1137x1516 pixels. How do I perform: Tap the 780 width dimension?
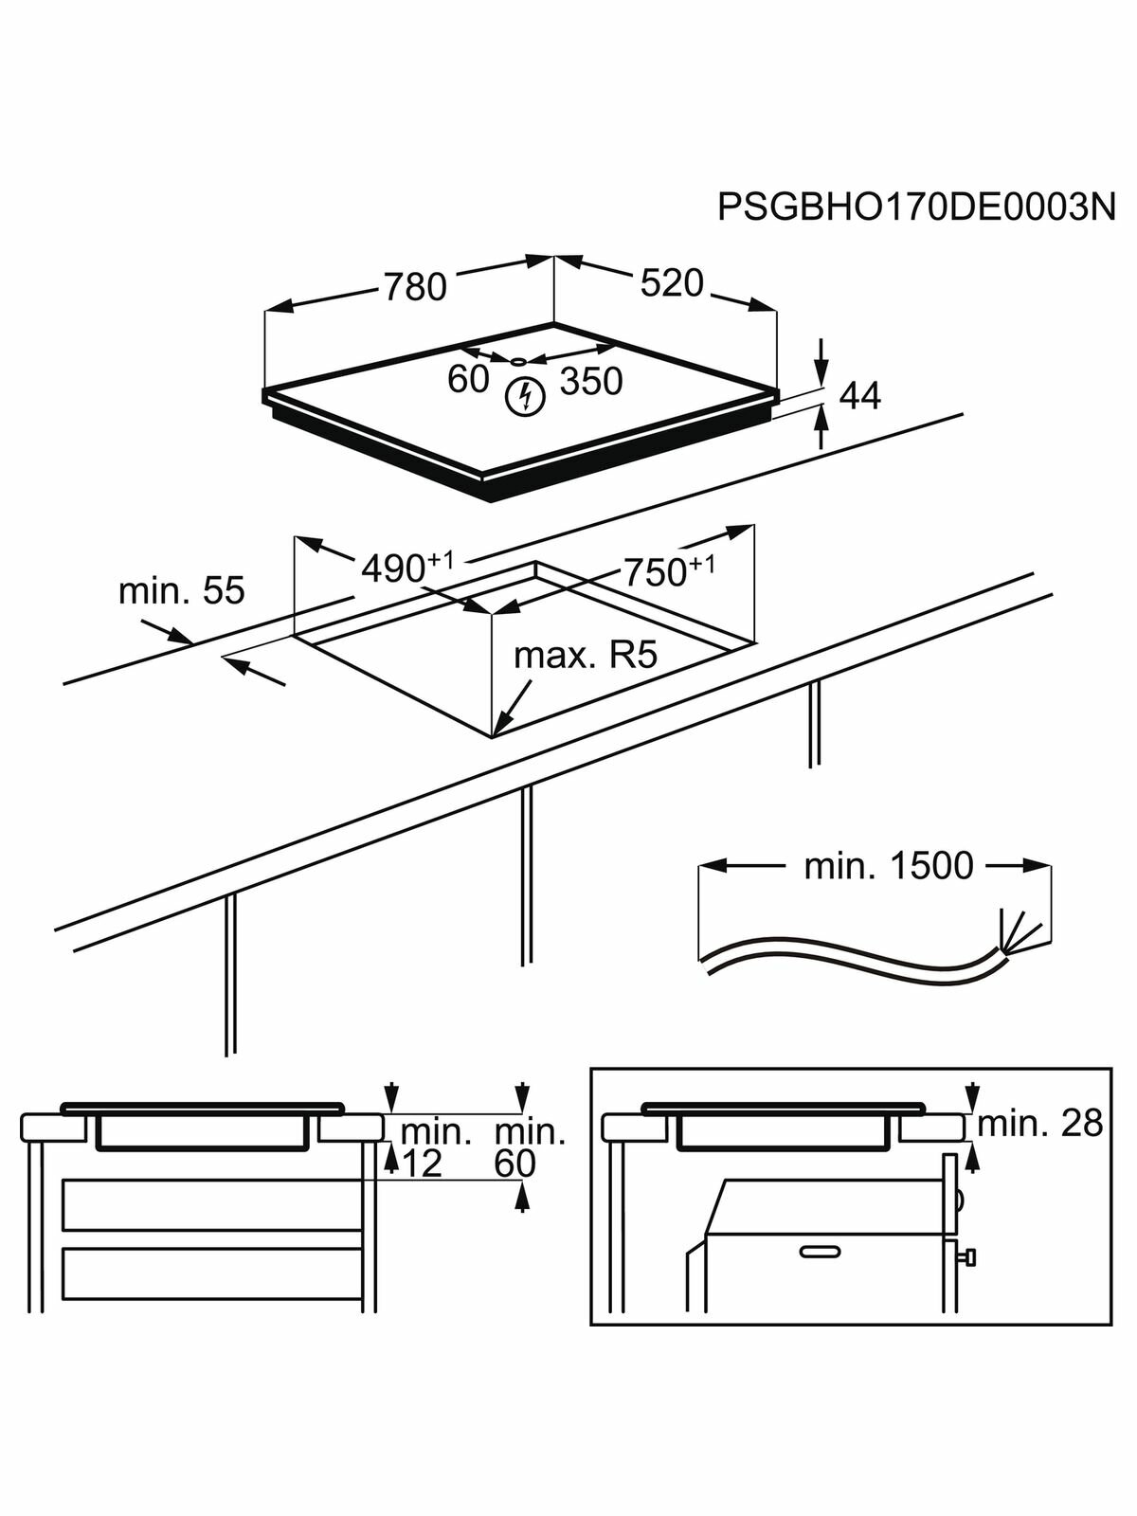414,286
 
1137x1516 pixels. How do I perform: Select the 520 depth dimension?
672,282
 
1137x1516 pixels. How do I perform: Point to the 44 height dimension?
860,396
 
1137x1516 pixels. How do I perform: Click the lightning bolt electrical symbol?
524,396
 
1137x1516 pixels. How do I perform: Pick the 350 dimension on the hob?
591,381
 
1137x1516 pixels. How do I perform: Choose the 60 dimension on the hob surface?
468,379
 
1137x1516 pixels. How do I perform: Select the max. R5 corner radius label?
585,656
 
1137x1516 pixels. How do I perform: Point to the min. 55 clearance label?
181,590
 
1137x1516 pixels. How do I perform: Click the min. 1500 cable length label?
888,866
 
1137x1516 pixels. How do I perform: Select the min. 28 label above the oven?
1039,1124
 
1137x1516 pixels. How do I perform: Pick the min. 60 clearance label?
530,1147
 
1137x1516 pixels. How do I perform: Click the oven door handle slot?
820,1252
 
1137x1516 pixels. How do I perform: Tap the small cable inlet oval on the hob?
518,361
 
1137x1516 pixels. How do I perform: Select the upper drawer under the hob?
212,1204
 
